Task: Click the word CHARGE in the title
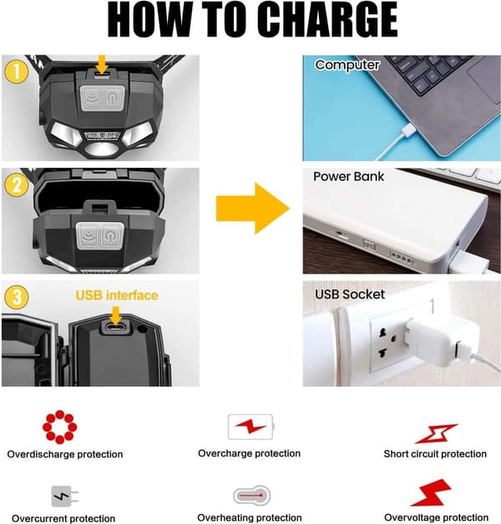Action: (x=328, y=20)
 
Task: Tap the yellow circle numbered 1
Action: (x=16, y=72)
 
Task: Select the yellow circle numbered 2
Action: (x=16, y=185)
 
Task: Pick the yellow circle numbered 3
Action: (x=16, y=297)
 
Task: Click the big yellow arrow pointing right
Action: (x=252, y=209)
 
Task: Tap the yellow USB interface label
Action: (x=117, y=295)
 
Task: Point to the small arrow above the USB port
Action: (x=116, y=315)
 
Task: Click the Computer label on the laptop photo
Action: (x=347, y=65)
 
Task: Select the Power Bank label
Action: (x=348, y=176)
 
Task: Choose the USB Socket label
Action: (x=350, y=295)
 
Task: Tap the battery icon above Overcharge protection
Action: (x=250, y=427)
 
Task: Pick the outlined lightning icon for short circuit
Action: (x=436, y=434)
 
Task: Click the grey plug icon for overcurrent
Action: (x=64, y=496)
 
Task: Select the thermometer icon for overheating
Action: (x=251, y=496)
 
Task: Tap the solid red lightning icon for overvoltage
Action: (x=432, y=492)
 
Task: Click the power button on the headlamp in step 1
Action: (x=114, y=98)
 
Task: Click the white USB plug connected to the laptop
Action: (x=407, y=131)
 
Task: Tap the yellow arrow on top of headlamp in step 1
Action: (x=102, y=64)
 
